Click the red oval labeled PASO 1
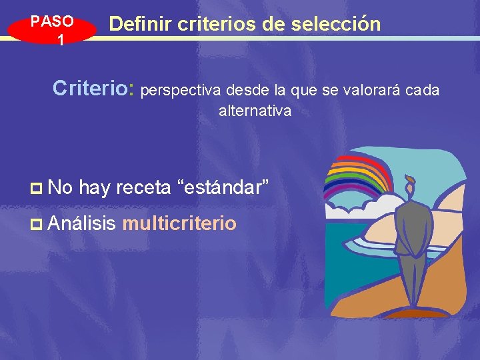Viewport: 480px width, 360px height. [x=52, y=30]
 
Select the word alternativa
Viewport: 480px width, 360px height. [x=255, y=111]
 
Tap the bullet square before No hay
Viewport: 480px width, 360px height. [x=38, y=189]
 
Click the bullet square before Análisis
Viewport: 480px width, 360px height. [x=38, y=224]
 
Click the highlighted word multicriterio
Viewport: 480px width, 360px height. [x=179, y=223]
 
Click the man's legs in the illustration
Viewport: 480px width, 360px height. [x=413, y=280]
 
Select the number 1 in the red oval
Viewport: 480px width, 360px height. [x=60, y=40]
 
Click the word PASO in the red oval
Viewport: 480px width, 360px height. [x=52, y=21]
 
